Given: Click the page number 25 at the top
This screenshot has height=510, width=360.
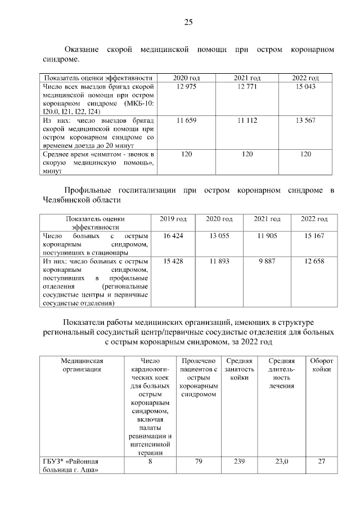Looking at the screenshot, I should (x=188, y=23).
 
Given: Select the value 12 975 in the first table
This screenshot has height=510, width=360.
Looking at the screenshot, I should (x=186, y=86).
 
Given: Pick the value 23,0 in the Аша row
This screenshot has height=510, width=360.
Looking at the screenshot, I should (x=281, y=462).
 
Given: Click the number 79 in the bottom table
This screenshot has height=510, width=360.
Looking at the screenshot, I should (x=198, y=462).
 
